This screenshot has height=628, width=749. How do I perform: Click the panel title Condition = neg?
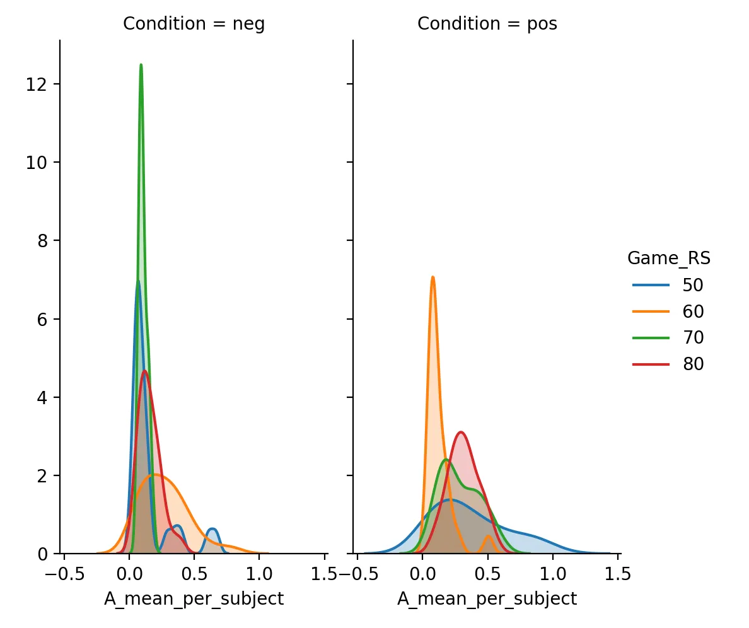[194, 24]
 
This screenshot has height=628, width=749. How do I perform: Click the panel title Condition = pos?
[487, 24]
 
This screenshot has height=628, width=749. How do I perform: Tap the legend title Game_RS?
[669, 258]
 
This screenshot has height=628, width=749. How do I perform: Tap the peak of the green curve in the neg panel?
[141, 65]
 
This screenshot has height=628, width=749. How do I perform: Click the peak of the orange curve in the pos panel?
[433, 277]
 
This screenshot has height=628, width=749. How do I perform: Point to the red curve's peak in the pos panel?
[461, 432]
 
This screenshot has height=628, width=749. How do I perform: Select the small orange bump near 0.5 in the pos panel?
[487, 536]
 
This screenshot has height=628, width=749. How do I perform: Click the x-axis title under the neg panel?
[194, 598]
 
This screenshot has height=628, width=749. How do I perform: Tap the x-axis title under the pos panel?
[487, 598]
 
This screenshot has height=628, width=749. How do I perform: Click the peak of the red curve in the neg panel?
[145, 371]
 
